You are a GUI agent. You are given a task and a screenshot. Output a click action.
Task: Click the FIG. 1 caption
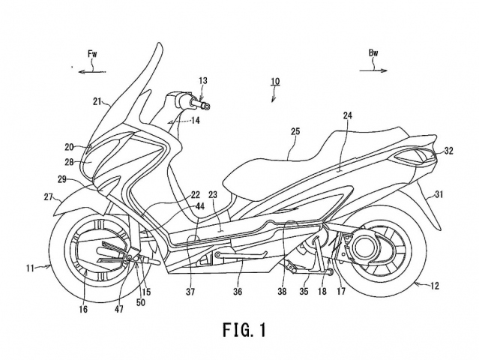(x=244, y=330)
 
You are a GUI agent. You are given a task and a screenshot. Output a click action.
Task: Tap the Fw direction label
(x=92, y=55)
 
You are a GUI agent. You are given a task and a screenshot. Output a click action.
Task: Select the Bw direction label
(x=373, y=53)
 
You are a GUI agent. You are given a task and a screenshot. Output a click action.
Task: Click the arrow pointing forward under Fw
(x=92, y=72)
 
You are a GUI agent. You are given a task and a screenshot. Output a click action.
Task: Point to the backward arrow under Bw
(x=373, y=70)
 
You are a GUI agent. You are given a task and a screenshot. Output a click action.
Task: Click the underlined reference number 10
(x=275, y=82)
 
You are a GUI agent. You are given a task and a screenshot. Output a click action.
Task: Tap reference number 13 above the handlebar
(x=203, y=81)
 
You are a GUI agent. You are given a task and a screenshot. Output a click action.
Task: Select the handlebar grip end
(x=206, y=106)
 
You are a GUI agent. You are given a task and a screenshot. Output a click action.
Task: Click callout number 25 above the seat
(x=295, y=131)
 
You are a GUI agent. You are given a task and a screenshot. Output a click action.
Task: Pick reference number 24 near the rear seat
(x=348, y=115)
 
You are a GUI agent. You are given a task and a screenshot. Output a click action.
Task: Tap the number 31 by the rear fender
(x=439, y=193)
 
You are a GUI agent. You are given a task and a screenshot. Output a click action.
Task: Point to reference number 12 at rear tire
(x=435, y=286)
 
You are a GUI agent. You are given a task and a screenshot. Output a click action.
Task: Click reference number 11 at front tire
(x=30, y=268)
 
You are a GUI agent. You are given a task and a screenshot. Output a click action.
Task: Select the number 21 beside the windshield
(x=97, y=101)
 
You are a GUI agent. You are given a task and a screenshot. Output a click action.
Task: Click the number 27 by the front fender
(x=48, y=197)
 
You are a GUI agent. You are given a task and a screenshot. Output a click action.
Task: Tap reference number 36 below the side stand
(x=238, y=292)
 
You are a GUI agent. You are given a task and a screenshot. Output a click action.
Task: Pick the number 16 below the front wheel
(x=83, y=309)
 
